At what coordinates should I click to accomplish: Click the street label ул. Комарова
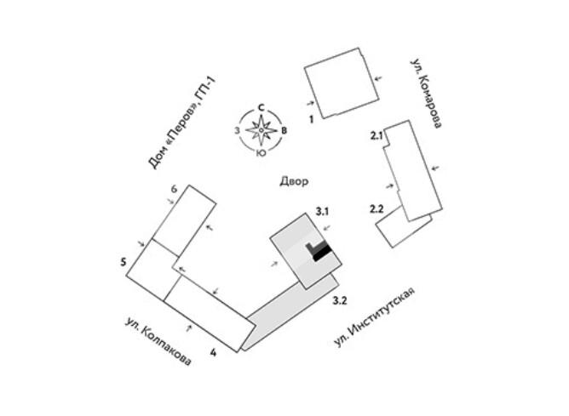(426, 93)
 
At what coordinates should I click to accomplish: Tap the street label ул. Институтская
(375, 317)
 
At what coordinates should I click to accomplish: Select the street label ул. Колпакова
(158, 342)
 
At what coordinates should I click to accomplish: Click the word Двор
(293, 181)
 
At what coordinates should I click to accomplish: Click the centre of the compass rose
(262, 131)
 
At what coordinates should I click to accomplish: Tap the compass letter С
(262, 107)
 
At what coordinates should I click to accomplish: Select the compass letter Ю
(262, 154)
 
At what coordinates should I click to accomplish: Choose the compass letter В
(285, 130)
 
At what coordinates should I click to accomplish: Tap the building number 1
(313, 120)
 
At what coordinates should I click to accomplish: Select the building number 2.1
(377, 135)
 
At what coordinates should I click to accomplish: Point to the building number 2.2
(377, 208)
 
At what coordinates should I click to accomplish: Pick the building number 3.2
(339, 300)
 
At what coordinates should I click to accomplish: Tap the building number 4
(213, 350)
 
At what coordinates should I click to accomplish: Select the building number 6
(173, 188)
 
